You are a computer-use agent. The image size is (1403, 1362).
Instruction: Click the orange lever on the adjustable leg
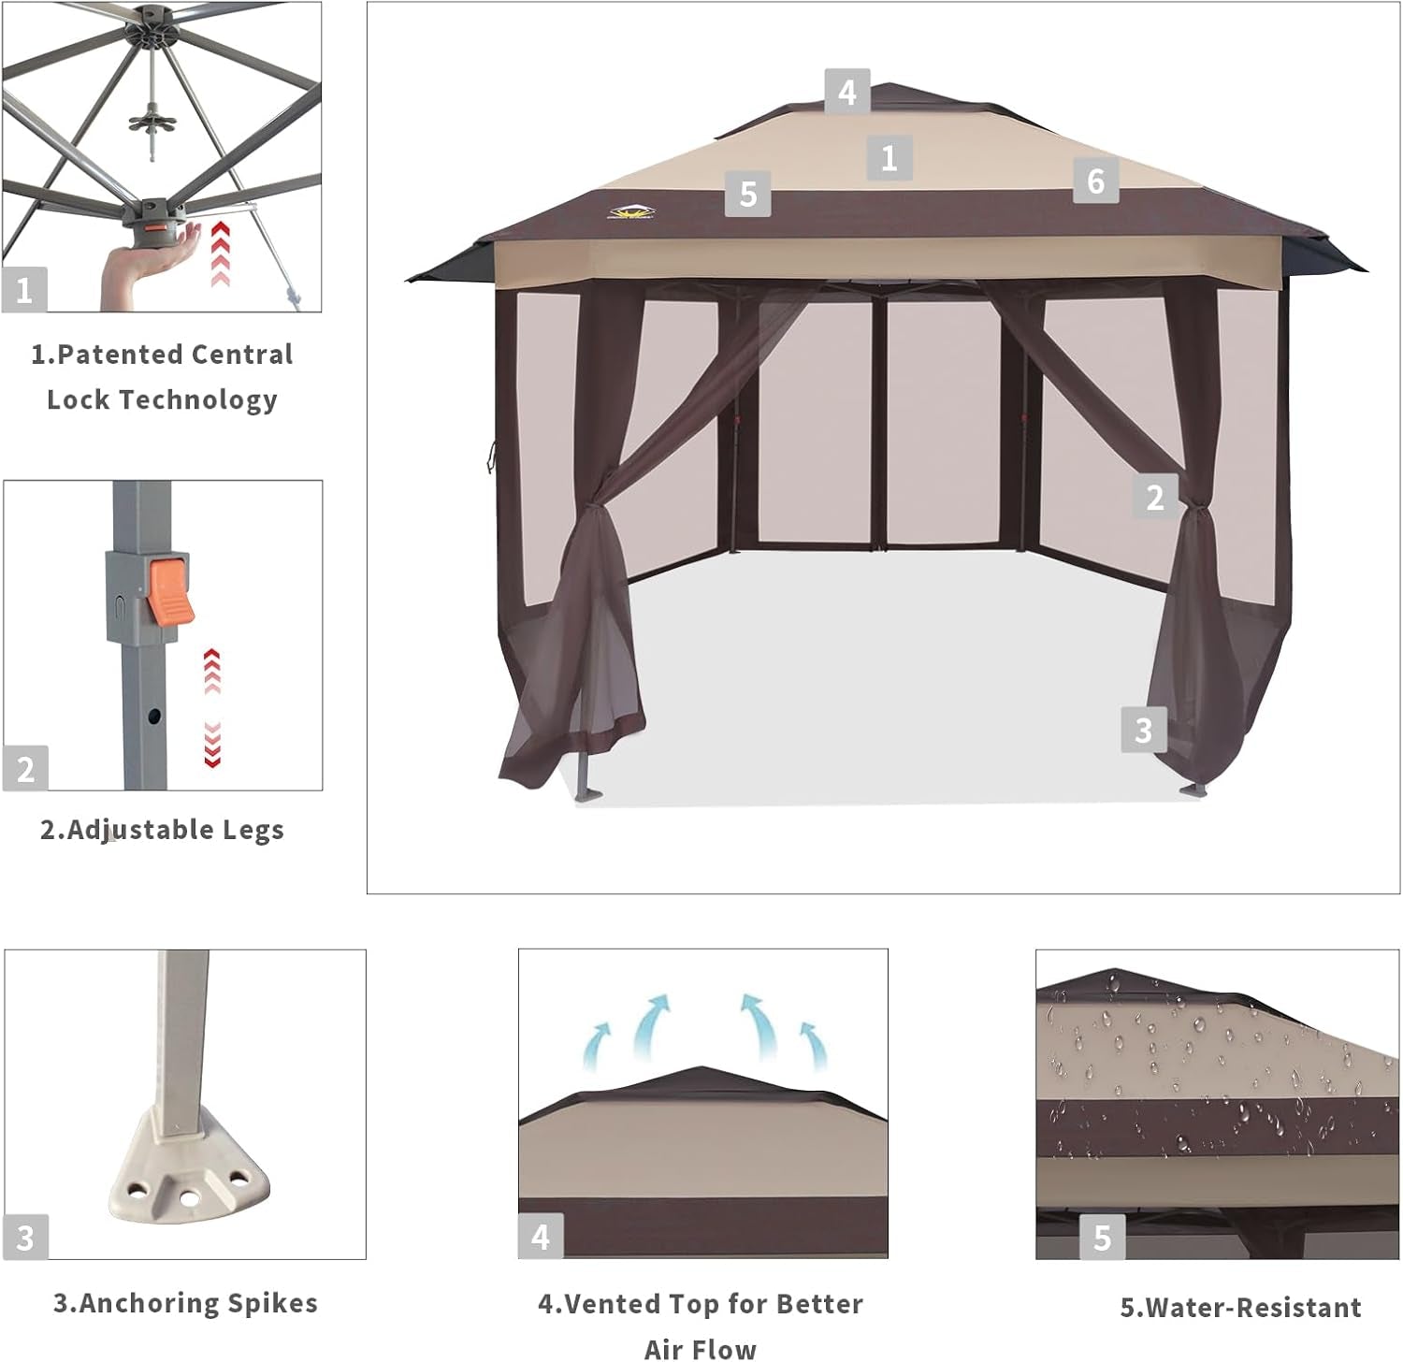coord(170,591)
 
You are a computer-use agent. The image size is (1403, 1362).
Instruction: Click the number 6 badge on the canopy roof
coord(1095,181)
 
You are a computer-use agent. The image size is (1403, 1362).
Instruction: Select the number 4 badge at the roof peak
coord(846,92)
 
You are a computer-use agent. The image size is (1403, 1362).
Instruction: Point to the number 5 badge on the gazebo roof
coord(747,194)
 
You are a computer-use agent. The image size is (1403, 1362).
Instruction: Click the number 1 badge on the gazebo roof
coord(889,157)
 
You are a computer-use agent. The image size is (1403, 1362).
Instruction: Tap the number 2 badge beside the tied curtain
coord(1154,497)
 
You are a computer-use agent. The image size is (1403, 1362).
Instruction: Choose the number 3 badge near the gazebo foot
coord(1143,730)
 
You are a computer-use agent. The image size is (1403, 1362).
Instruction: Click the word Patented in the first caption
coord(119,355)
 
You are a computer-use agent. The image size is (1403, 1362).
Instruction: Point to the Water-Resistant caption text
coord(1240,1307)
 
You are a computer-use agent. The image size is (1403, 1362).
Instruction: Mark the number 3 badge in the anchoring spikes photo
coord(25,1237)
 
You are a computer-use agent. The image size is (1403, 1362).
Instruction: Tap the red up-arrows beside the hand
coord(220,254)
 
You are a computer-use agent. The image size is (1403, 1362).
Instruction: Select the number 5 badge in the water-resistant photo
coord(1102,1237)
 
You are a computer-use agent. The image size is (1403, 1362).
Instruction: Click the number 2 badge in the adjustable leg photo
coord(25,769)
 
